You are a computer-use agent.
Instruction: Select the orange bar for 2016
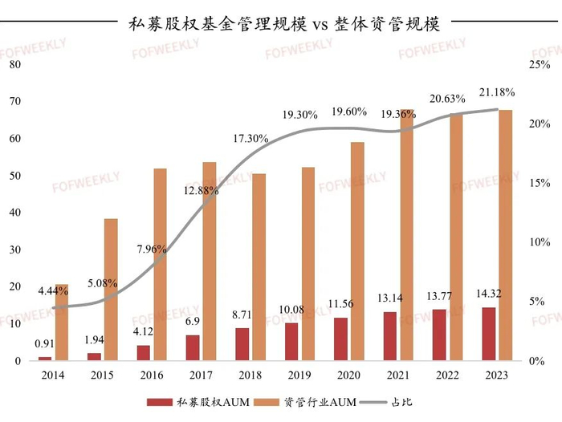[160, 264]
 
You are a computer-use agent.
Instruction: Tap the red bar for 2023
[489, 334]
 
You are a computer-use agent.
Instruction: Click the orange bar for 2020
[357, 251]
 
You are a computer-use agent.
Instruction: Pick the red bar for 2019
[291, 341]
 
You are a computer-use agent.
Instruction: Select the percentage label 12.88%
[198, 190]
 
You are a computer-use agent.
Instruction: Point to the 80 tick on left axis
[14, 65]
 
